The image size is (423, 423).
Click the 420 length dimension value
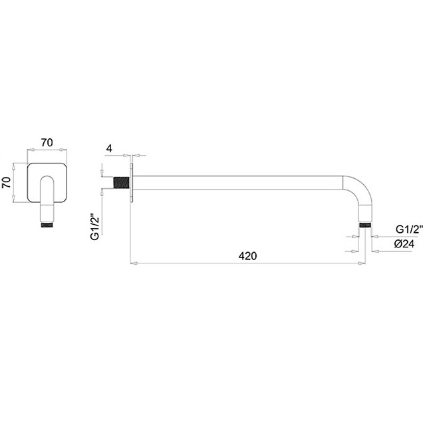point(247,256)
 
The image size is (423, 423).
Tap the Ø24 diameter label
point(404,244)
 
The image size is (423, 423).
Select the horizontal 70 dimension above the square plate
point(47,143)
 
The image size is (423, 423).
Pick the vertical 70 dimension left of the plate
point(6,183)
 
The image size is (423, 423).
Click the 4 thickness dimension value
point(109,148)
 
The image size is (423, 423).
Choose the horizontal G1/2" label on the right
point(409,229)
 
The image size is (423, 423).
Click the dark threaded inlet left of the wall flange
point(122,183)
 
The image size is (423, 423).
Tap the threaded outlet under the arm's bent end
point(365,225)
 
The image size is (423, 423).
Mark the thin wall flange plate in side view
point(132,183)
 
